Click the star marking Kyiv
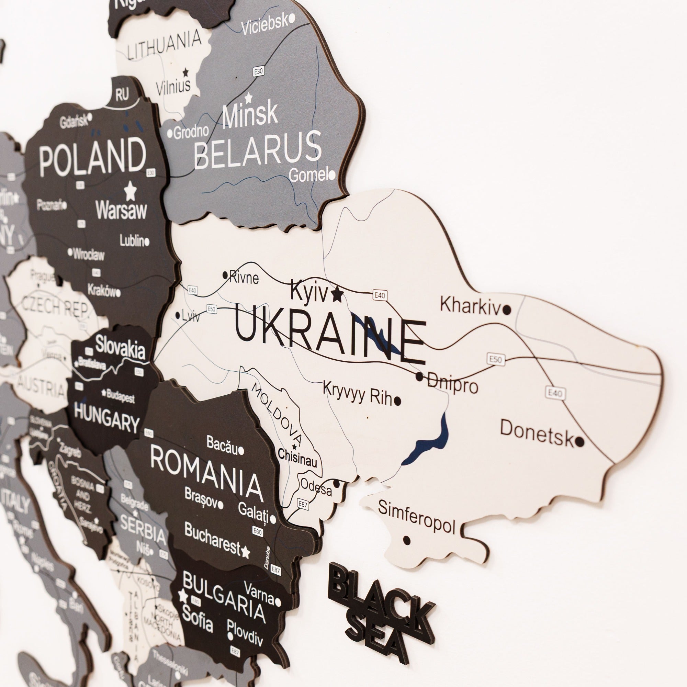coord(337,294)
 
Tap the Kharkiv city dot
coord(507,310)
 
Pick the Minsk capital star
coord(249,97)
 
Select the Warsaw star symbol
coord(131,191)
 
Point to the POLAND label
coord(92,157)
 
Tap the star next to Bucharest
coord(245,552)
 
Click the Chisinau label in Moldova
coord(297,458)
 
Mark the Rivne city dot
coord(225,274)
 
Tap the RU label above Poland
coord(122,95)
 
